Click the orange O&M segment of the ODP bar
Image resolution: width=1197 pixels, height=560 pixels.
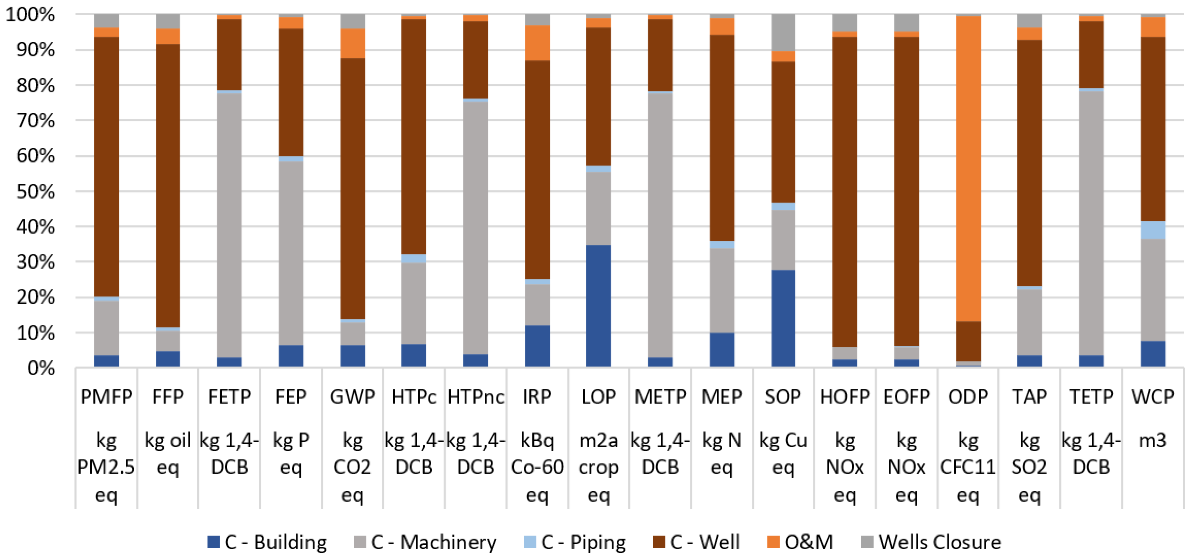click(968, 167)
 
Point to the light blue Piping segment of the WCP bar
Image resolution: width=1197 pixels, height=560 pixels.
click(1153, 230)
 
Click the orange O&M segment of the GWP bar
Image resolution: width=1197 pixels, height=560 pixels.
click(353, 43)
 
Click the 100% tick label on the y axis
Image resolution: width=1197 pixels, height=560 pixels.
click(30, 15)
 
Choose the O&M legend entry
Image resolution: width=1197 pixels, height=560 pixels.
click(800, 542)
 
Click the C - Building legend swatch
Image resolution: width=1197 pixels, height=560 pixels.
click(213, 542)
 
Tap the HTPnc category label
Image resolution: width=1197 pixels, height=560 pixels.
click(475, 397)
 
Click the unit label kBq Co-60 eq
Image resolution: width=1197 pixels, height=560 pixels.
click(537, 467)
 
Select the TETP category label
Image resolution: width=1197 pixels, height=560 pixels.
click(1091, 397)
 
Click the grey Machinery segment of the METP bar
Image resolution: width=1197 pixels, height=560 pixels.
click(660, 225)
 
